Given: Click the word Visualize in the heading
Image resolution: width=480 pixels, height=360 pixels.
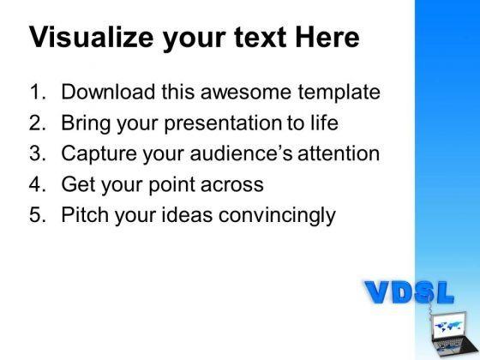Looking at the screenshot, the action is point(91,37).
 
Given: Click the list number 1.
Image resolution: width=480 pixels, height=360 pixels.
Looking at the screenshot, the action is point(38,92).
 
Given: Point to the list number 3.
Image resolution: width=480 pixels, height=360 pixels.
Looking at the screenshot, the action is point(38,153).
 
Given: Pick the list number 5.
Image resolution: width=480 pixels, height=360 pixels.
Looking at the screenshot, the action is point(38,214).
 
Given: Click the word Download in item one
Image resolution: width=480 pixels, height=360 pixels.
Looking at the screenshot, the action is point(108,92).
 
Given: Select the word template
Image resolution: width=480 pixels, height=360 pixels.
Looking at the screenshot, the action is point(339,93).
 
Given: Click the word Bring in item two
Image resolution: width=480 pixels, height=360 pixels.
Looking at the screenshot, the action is point(86,123).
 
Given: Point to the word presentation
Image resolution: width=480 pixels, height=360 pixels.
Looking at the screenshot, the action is point(223,123).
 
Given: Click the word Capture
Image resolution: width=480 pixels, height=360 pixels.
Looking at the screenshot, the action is point(99,154).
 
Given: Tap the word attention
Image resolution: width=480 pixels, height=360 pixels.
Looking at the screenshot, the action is point(339,153).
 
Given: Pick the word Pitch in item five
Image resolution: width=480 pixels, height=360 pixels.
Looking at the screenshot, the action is point(85,214).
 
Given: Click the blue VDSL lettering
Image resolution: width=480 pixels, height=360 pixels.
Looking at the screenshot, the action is point(409,292).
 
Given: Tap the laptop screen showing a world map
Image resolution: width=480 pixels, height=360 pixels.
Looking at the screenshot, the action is point(448,326).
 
